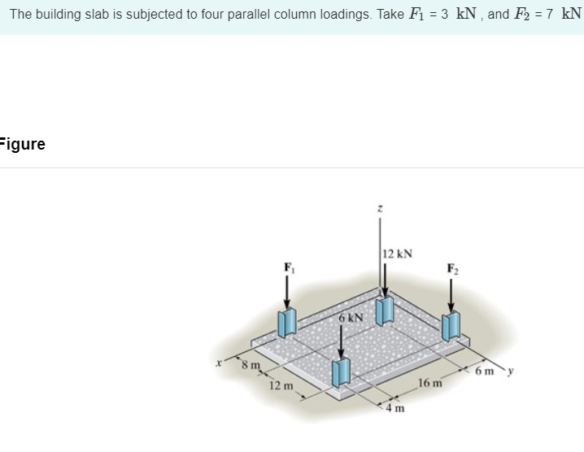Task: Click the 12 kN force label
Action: [x=397, y=254]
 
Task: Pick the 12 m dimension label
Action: [x=281, y=385]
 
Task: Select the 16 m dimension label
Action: [x=429, y=381]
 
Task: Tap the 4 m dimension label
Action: [x=397, y=408]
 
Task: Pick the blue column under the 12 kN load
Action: [x=385, y=309]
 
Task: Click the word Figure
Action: [x=23, y=145]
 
